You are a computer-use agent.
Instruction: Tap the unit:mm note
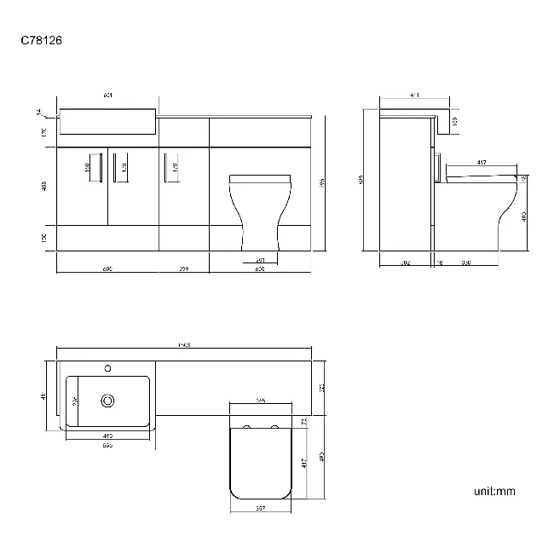494,491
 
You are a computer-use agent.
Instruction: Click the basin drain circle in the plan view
107,400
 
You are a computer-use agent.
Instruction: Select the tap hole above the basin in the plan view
107,368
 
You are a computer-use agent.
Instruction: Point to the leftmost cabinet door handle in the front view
101,167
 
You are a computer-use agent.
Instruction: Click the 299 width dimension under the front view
184,269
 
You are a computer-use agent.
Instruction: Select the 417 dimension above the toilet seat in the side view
482,162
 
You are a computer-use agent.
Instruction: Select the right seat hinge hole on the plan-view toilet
275,423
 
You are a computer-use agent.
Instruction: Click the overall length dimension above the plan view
184,344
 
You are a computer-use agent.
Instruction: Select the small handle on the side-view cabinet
438,167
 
